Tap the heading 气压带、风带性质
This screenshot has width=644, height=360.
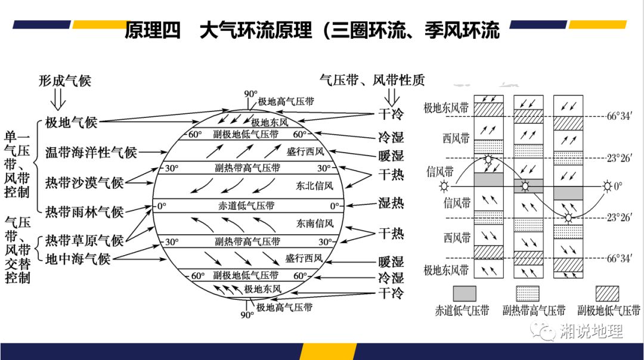click(x=372, y=80)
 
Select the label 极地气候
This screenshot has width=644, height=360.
click(x=71, y=123)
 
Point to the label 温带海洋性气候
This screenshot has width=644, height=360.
click(x=91, y=153)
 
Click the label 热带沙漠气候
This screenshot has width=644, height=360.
click(x=85, y=182)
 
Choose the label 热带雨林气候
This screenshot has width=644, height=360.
click(x=85, y=211)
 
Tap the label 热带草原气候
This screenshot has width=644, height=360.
click(x=85, y=240)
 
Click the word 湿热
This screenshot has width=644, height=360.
click(x=391, y=203)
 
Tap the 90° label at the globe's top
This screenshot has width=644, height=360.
click(x=250, y=94)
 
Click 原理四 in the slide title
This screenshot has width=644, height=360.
click(x=152, y=30)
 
